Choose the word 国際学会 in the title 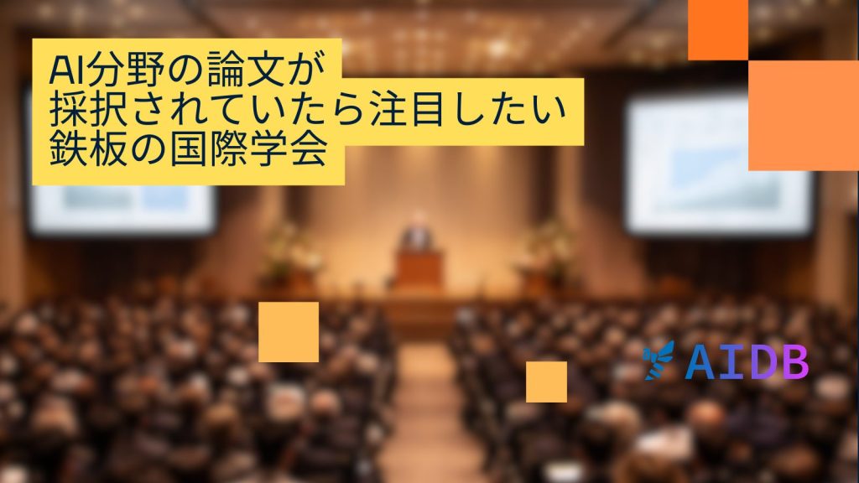tap(248, 148)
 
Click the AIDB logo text tap(747, 362)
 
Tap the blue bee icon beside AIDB tap(659, 361)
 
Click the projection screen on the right tap(718, 164)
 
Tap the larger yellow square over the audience tap(289, 332)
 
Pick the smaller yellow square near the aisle tap(547, 382)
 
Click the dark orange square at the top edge tap(718, 30)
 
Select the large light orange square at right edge tap(804, 116)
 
